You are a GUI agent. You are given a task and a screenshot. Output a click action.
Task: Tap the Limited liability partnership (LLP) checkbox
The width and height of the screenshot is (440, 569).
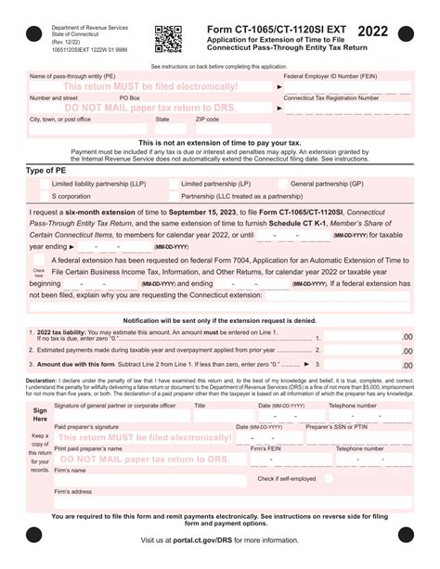click(44, 184)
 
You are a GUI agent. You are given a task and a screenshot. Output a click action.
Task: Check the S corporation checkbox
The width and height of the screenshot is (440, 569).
click(44, 197)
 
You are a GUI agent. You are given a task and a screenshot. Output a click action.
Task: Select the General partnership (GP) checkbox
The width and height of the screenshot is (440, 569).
click(282, 184)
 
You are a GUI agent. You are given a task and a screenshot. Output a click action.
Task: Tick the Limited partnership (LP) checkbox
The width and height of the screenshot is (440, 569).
click(173, 184)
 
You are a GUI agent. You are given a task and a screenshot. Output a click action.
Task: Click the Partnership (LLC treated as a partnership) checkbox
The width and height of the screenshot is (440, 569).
click(173, 197)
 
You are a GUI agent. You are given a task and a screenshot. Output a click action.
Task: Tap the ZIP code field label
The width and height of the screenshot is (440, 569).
click(207, 120)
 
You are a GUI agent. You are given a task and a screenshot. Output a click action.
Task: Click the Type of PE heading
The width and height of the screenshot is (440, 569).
click(48, 171)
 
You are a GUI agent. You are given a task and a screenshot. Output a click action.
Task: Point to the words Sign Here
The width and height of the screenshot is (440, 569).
click(40, 414)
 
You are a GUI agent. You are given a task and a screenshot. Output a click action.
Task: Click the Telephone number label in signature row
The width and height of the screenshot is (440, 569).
click(352, 406)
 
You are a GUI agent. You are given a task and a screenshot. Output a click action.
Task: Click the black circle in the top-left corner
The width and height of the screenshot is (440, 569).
click(33, 34)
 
